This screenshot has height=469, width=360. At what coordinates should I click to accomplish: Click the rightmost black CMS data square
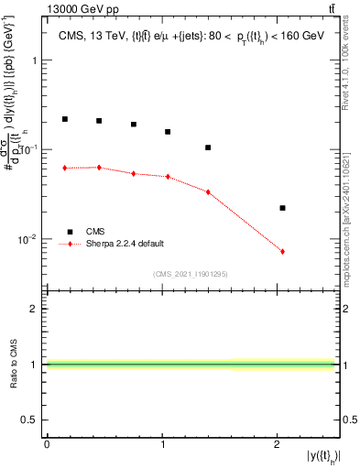[282, 208]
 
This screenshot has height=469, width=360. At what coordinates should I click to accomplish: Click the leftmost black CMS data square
[65, 119]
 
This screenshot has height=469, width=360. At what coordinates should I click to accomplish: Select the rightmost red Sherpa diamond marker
[282, 251]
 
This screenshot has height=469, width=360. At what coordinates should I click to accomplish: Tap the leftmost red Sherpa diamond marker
[65, 168]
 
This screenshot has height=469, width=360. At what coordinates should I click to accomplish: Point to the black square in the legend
[69, 233]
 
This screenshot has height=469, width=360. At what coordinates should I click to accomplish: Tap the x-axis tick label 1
[162, 444]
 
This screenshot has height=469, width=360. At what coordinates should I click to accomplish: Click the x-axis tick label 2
[277, 444]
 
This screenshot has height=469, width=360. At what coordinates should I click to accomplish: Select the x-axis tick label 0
[47, 444]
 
